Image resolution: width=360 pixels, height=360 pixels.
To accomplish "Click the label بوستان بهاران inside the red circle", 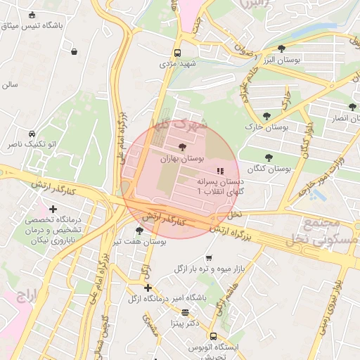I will tap(182, 160).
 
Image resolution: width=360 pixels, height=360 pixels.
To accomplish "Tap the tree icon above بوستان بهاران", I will tap(183, 147).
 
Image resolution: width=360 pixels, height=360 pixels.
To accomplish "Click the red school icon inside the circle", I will tap(219, 170).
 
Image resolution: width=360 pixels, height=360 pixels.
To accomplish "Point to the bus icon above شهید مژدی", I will tap(176, 53).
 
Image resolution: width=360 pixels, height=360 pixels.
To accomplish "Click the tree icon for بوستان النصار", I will tap(352, 107).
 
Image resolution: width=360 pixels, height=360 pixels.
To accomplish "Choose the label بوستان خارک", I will tap(267, 127).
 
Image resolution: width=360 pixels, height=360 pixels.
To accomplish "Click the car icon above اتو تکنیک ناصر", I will tap(32, 134).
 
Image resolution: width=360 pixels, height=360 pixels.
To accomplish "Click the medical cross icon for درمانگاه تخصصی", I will tap(53, 209).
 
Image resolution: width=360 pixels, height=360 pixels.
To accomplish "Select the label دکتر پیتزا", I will tap(185, 323).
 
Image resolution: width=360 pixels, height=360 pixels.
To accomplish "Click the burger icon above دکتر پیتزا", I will tap(185, 312).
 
